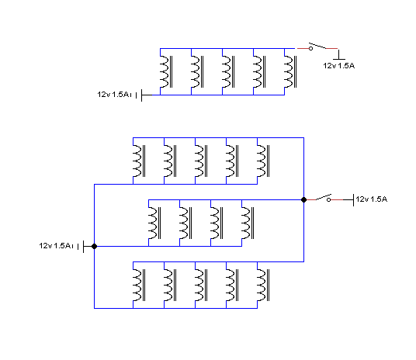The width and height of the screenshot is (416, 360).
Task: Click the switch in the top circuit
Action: (x=317, y=47)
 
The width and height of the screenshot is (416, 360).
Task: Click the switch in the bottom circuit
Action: (x=324, y=199)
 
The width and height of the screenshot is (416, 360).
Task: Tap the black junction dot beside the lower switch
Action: (x=303, y=199)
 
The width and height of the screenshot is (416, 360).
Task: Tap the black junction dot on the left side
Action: (x=94, y=247)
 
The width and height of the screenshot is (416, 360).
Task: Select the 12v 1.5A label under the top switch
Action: (x=339, y=66)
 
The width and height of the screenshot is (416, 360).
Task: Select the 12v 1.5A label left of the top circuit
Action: (x=114, y=95)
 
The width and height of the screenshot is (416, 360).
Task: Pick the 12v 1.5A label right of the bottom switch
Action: (x=372, y=199)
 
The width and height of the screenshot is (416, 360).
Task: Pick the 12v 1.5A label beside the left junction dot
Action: (x=56, y=246)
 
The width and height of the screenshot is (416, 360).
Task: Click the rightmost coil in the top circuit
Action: (x=290, y=71)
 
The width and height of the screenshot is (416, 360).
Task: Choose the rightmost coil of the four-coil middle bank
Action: (x=248, y=223)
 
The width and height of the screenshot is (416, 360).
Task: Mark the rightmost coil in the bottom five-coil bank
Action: (x=263, y=286)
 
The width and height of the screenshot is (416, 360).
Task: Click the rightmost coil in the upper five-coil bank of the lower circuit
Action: (x=263, y=161)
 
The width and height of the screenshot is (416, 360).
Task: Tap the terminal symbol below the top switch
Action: (x=339, y=55)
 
